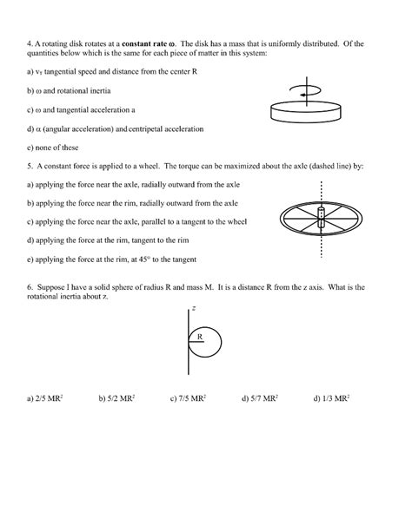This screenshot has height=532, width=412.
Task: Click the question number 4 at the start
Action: (30, 43)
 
